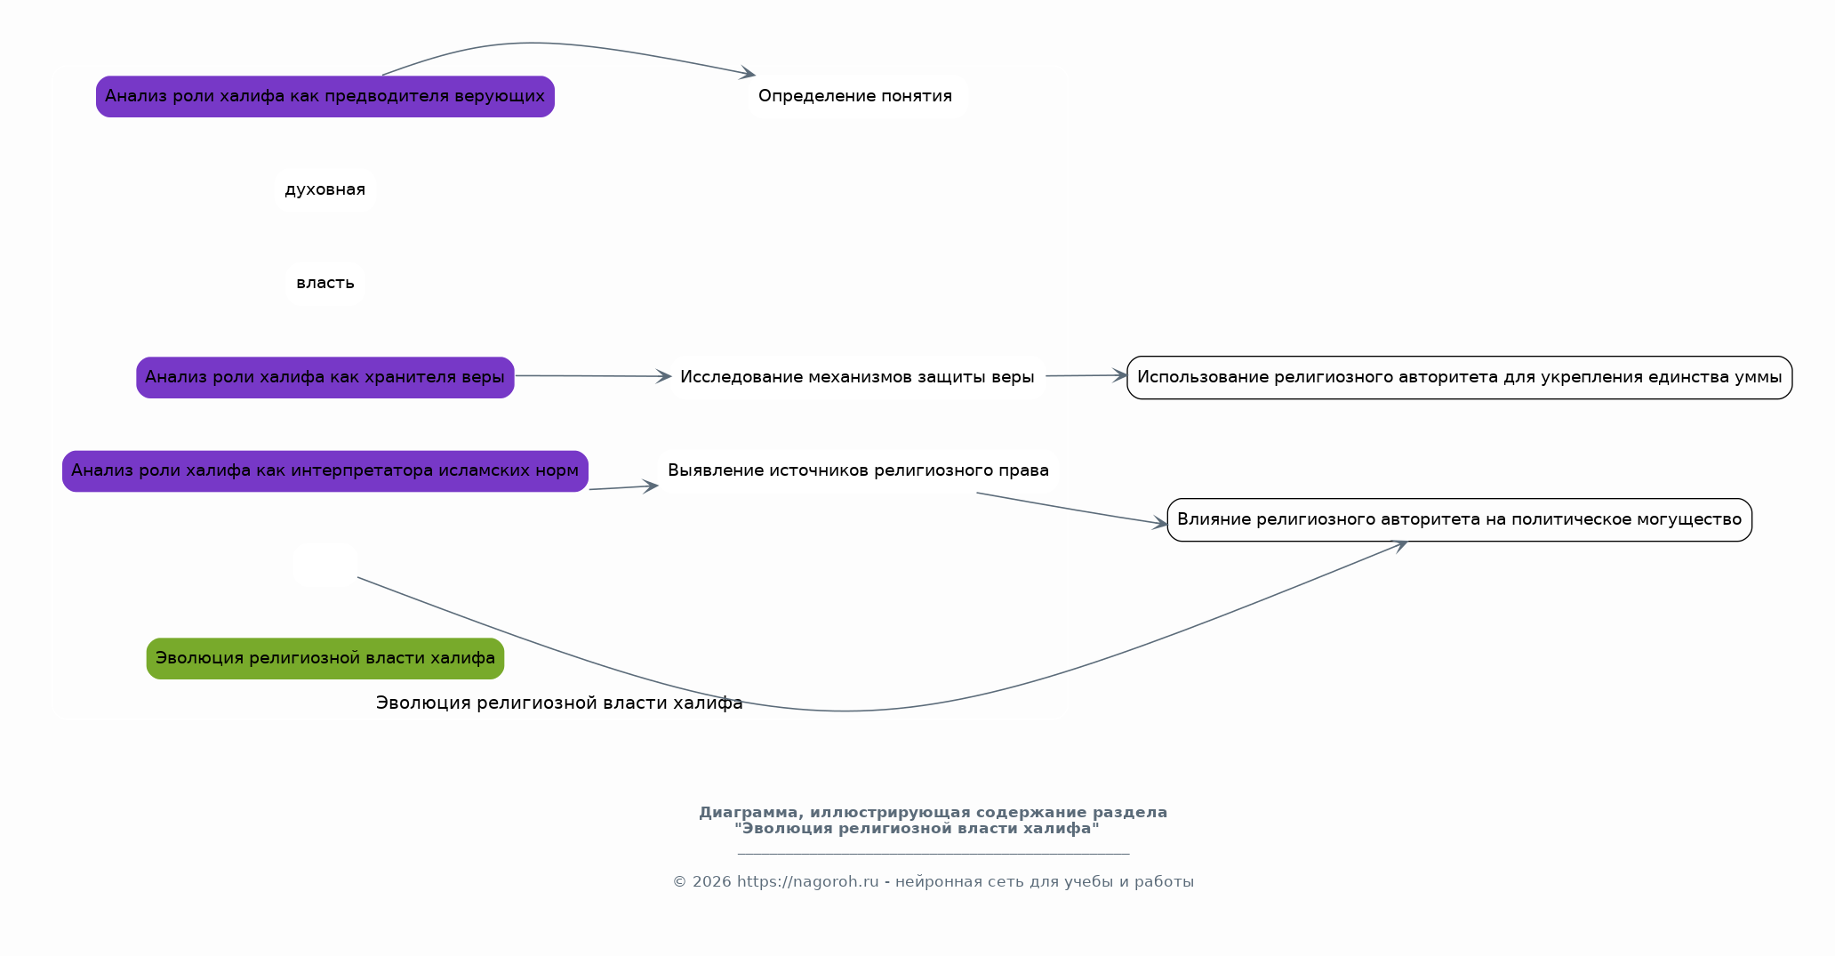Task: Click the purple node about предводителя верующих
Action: click(325, 96)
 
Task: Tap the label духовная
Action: click(325, 189)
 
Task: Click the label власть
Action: click(325, 283)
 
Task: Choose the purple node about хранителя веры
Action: click(325, 377)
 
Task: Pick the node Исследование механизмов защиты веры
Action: click(858, 377)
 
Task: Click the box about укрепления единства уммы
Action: click(1460, 377)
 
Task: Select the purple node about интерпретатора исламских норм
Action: click(325, 470)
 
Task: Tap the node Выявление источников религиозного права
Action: click(858, 470)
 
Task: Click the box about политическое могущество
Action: click(1460, 519)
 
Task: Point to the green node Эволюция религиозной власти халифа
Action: click(325, 658)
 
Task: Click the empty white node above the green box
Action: click(325, 565)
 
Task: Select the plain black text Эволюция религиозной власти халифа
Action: click(559, 703)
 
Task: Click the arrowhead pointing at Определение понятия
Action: click(748, 73)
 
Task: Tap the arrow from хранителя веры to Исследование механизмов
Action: click(593, 376)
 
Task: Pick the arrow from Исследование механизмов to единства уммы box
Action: click(1086, 375)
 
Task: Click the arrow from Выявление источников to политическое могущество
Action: click(1072, 509)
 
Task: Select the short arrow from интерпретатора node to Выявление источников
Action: click(623, 487)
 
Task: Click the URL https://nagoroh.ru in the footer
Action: click(807, 881)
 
